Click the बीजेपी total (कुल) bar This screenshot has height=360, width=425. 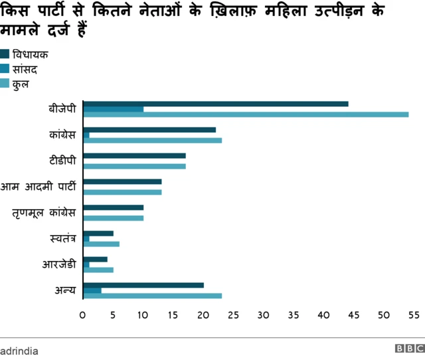click(x=246, y=114)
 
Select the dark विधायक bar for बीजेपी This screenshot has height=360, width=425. click(x=216, y=104)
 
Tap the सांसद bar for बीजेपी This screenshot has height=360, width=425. click(x=114, y=109)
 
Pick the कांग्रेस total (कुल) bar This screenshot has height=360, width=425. click(x=152, y=140)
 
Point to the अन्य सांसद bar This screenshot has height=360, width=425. click(x=92, y=290)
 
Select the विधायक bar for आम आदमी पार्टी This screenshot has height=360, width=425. click(x=122, y=181)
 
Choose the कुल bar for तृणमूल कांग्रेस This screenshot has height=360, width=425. click(x=113, y=218)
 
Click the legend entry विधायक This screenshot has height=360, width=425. click(x=33, y=54)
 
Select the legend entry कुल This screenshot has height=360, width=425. click(x=24, y=84)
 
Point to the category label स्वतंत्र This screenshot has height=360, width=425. click(x=62, y=238)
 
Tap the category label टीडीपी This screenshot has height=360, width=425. click(x=62, y=161)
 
